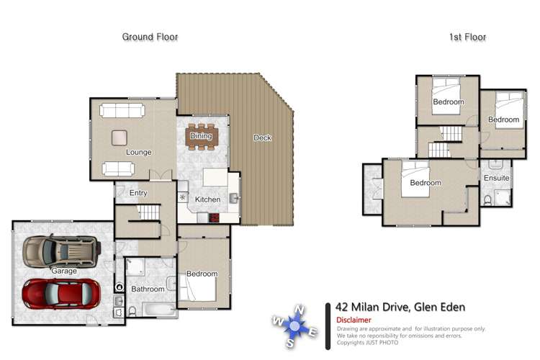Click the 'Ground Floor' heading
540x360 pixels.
tap(150, 37)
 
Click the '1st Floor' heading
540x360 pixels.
tap(467, 37)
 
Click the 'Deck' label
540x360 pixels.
tap(262, 138)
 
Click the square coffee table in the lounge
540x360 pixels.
tap(120, 137)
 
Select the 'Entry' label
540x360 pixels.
tap(138, 193)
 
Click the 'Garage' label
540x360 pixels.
tap(63, 271)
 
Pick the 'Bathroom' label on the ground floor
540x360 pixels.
tap(148, 289)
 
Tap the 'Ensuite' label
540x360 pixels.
tap(497, 178)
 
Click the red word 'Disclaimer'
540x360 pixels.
tap(354, 320)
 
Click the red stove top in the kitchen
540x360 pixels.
tap(213, 217)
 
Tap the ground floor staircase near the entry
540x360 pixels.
tap(149, 212)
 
